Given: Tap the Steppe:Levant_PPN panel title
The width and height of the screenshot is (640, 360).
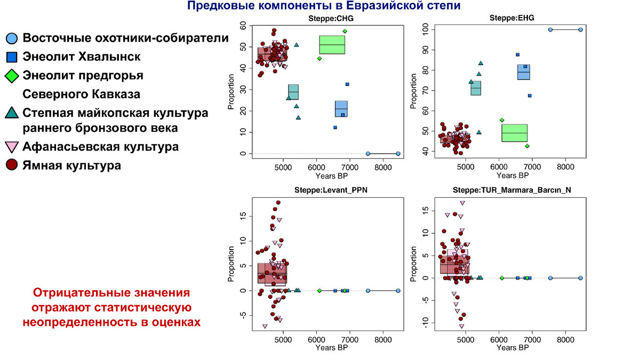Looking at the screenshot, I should [331, 190].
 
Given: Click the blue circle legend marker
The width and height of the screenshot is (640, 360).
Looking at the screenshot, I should [12, 38].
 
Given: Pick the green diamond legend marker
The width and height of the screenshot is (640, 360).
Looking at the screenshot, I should [12, 76].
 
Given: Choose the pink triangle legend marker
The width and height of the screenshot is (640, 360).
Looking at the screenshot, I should [12, 147].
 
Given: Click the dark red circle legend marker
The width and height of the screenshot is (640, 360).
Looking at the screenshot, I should [12, 165].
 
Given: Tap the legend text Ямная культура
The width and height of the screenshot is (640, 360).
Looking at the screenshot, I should [71, 165].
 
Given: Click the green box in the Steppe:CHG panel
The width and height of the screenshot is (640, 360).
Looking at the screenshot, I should [332, 45].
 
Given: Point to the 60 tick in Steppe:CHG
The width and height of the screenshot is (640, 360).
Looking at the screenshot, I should [243, 25].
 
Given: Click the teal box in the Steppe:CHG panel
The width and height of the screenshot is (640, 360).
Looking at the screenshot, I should [293, 92].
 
